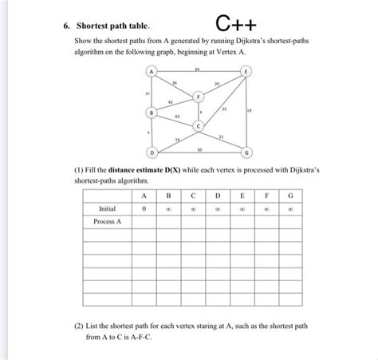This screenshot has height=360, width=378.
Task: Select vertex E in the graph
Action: [x=245, y=73]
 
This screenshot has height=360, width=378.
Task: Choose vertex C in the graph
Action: [x=198, y=127]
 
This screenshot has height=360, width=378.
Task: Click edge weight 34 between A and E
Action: [x=197, y=69]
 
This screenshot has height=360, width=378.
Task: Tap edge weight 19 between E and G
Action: [x=249, y=111]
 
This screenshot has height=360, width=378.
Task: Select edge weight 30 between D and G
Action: [x=199, y=148]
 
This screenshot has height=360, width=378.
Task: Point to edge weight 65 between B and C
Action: [x=176, y=117]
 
